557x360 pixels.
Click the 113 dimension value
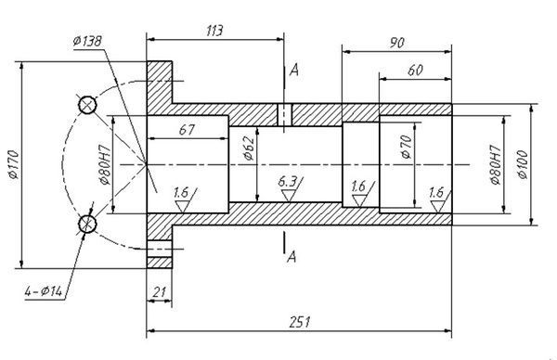pyautogui.click(x=214, y=31)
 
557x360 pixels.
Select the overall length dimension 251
pyautogui.click(x=300, y=322)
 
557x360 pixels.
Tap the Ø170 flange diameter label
pyautogui.click(x=14, y=164)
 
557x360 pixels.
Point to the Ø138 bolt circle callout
pyautogui.click(x=87, y=41)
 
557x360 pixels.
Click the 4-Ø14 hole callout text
pyautogui.click(x=43, y=291)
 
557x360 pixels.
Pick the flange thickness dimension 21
pyautogui.click(x=159, y=292)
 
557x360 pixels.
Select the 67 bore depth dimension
pyautogui.click(x=187, y=130)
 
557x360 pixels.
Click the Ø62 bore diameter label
pyautogui.click(x=249, y=148)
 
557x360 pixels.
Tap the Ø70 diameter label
pyautogui.click(x=406, y=147)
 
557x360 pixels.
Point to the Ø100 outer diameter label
pyautogui.click(x=523, y=164)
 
